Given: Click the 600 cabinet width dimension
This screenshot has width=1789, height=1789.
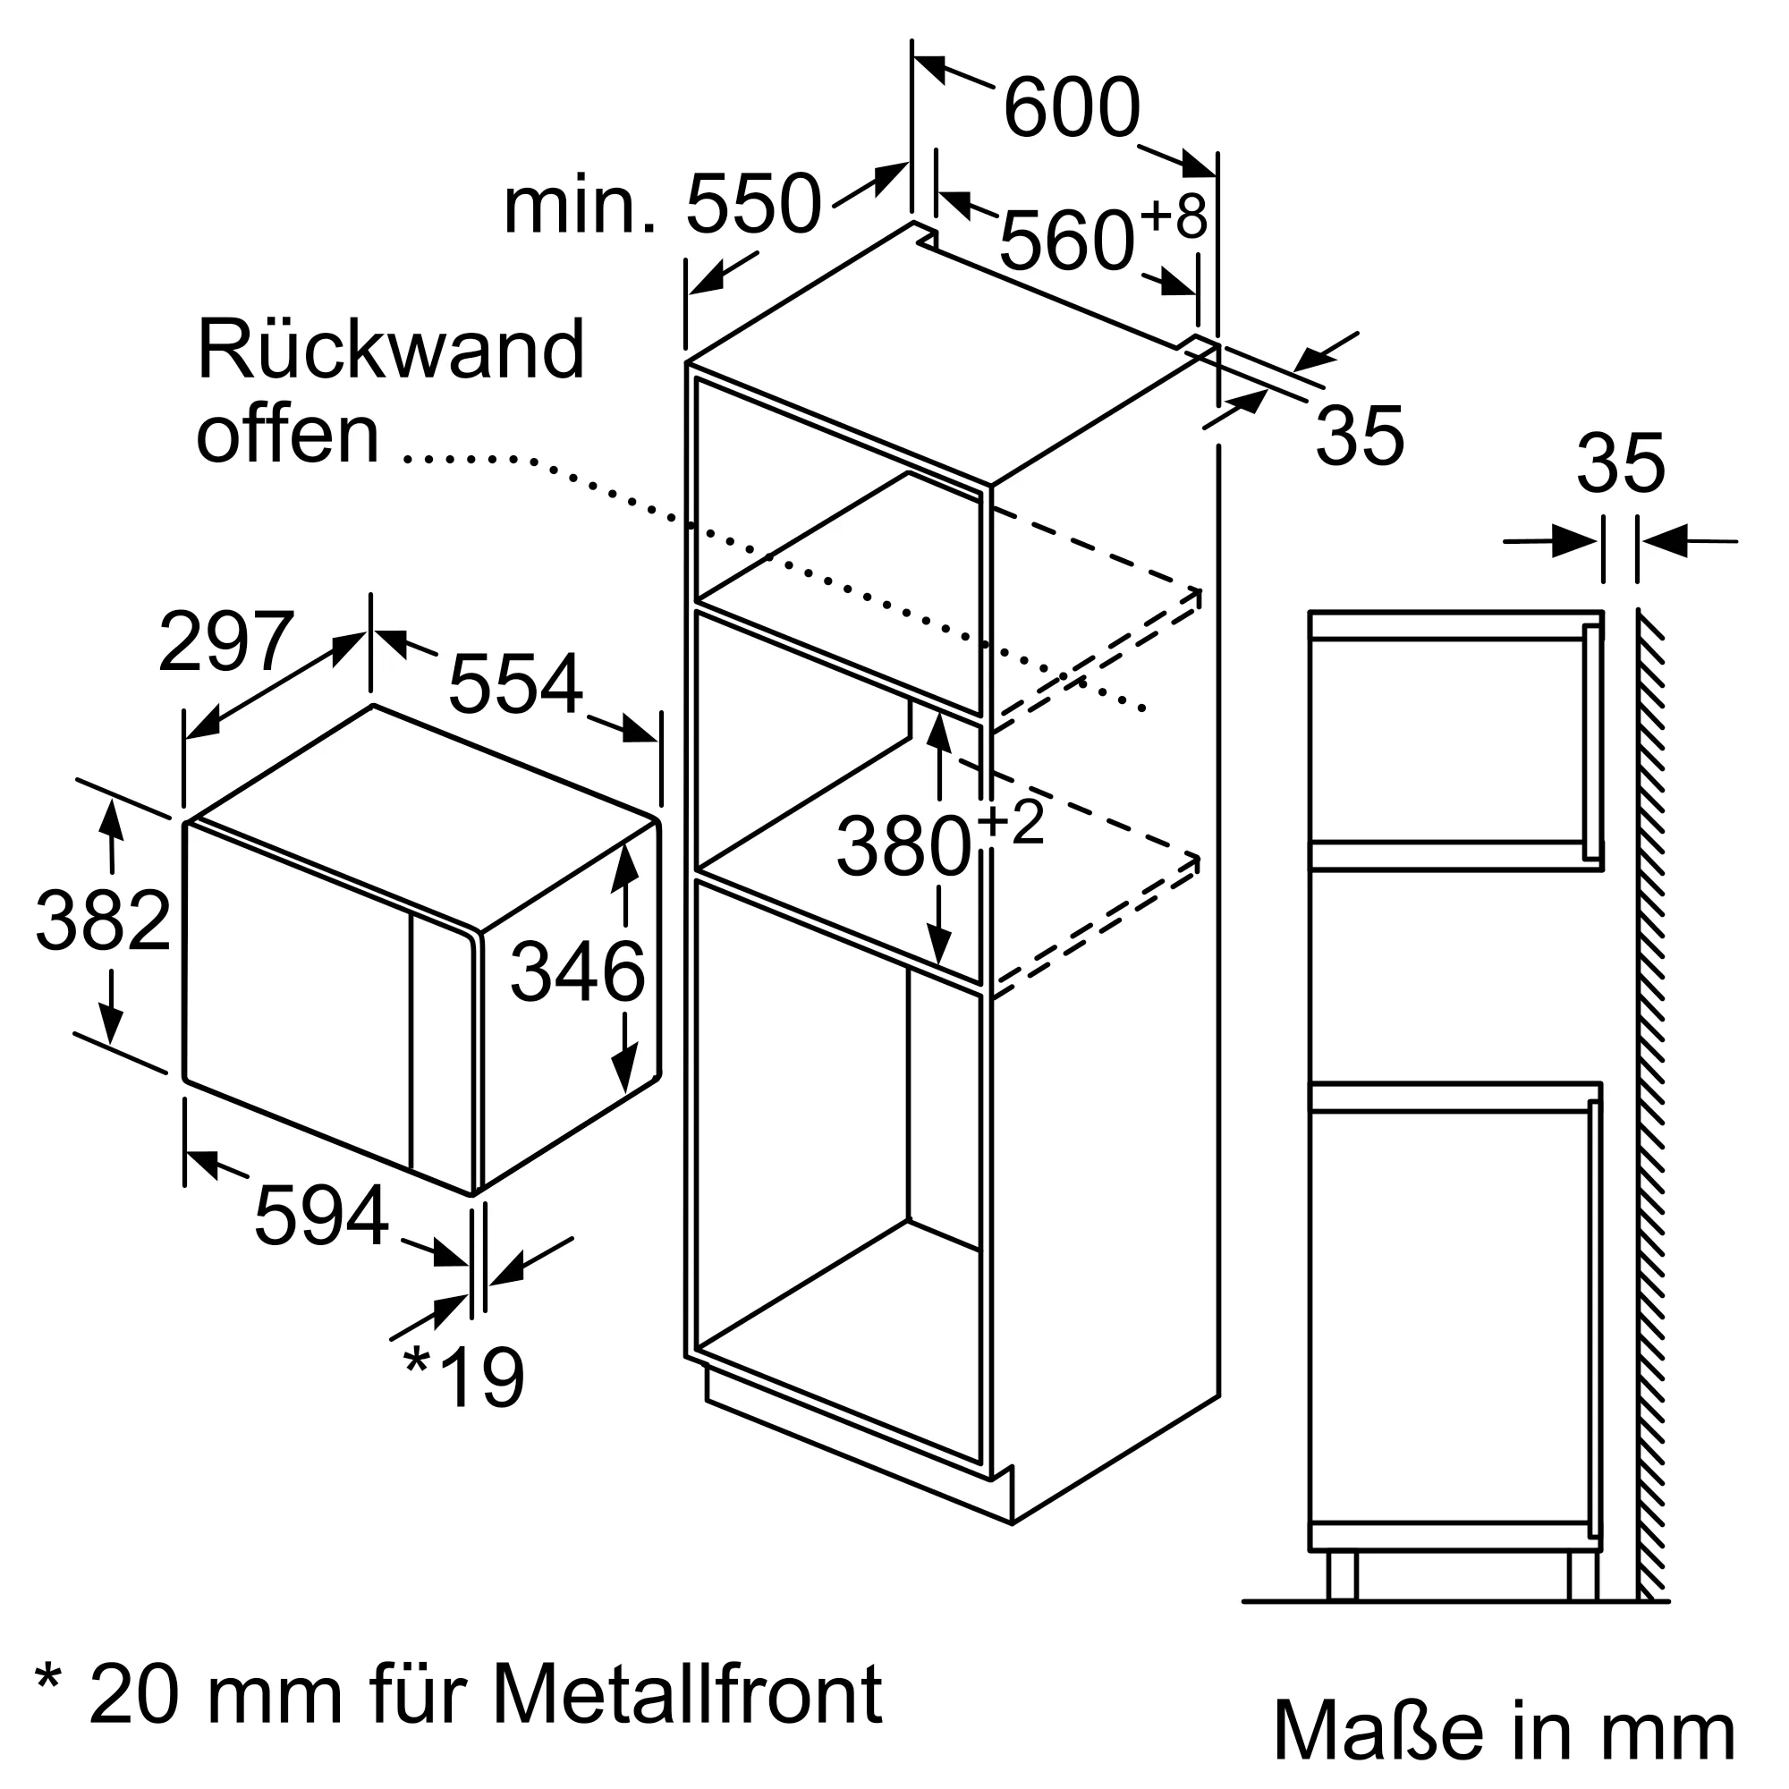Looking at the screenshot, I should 1072,108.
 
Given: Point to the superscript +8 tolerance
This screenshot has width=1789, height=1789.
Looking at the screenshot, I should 1174,216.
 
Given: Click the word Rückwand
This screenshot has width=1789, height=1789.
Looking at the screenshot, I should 391,350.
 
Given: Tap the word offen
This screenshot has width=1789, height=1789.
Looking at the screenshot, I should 288,435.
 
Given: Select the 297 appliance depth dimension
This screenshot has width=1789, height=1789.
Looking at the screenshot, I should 227,641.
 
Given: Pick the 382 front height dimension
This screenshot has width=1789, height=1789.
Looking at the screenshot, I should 104,920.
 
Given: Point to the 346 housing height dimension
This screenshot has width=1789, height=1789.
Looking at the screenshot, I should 578,971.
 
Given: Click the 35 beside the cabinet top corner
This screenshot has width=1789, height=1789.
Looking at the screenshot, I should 1360,435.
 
